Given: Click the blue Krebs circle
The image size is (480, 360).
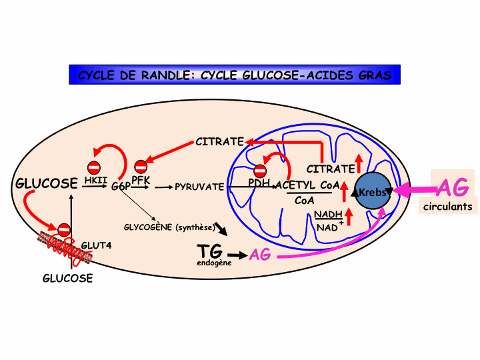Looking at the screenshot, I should pos(373,192).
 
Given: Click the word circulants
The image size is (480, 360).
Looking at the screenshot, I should pos(447,207).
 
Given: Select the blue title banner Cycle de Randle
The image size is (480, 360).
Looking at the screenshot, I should pos(235,75).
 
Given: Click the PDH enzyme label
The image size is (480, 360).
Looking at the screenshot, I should pos(259,182).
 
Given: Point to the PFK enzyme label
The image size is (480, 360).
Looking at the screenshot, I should pos(140,180).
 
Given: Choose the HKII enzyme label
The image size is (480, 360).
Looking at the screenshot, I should pos(96,180).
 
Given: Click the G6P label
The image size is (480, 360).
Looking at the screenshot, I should pos(121,187).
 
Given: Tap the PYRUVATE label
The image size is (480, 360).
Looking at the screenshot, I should pos(199,187).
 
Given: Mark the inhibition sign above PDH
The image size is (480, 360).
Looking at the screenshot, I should pos(260,171).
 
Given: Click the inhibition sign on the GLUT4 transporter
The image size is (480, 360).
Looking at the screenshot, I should pos(64,230).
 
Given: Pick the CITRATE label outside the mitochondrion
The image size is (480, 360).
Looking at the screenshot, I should pos(219,141).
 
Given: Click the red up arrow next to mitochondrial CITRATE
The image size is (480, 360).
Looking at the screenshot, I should pos(359,161).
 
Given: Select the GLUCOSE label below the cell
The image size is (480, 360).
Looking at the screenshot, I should pos(67,279).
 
